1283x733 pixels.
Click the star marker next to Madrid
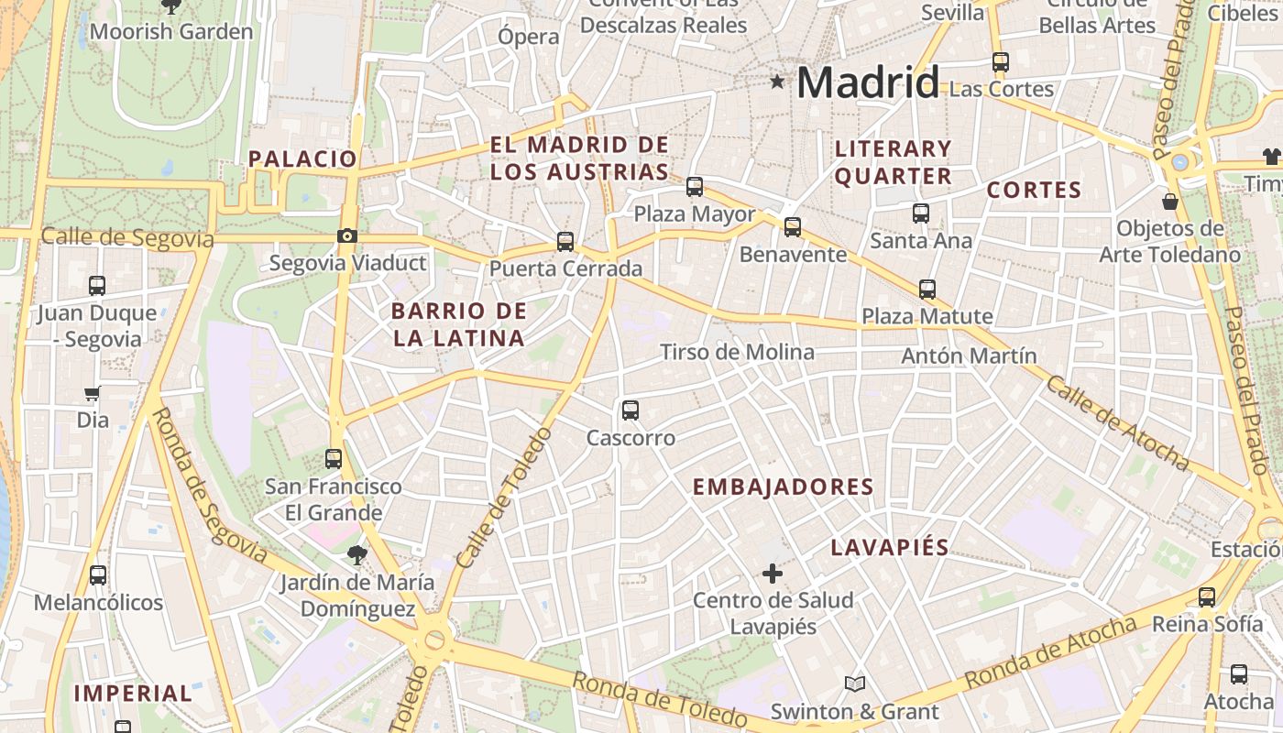tap(778, 82)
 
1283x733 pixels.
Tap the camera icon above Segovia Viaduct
tap(346, 236)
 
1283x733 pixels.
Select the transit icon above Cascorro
tap(631, 410)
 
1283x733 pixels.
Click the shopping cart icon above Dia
tap(92, 394)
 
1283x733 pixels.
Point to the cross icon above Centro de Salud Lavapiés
tap(773, 574)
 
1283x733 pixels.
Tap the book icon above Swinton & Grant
tap(854, 684)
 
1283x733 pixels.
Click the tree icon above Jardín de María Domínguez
tap(356, 553)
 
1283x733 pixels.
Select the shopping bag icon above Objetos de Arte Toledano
tap(1169, 201)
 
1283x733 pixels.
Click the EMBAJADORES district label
tap(783, 487)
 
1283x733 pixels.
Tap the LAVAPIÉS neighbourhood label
tap(889, 548)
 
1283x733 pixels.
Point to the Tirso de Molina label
tap(737, 353)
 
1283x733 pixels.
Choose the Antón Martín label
tap(969, 356)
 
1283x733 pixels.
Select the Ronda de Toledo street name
tap(661, 698)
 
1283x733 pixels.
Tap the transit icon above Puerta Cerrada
tap(565, 242)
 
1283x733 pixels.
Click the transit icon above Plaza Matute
tap(927, 290)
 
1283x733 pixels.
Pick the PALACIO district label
tap(302, 159)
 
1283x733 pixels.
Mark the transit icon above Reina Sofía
tap(1207, 597)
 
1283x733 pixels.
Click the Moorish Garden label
tap(171, 32)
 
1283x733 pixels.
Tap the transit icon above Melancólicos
tap(98, 575)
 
